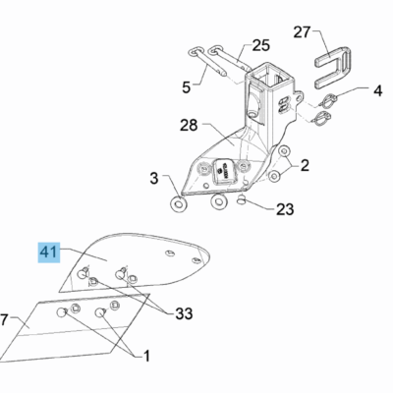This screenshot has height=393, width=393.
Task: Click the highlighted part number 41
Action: pyautogui.click(x=49, y=253)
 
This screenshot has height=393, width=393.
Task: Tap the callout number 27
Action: pyautogui.click(x=302, y=32)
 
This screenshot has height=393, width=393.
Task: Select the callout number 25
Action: pyautogui.click(x=261, y=45)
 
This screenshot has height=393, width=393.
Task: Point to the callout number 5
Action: pyautogui.click(x=186, y=87)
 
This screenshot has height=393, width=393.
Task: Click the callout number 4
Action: pyautogui.click(x=377, y=90)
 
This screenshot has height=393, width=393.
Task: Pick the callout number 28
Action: pyautogui.click(x=189, y=125)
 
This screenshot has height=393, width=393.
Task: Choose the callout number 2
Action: pyautogui.click(x=305, y=166)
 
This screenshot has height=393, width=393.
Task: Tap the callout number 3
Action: pyautogui.click(x=154, y=179)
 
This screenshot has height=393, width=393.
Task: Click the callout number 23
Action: pyautogui.click(x=285, y=209)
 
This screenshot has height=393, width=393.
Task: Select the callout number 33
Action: pyautogui.click(x=184, y=314)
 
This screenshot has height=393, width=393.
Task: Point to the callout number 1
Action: pyautogui.click(x=146, y=356)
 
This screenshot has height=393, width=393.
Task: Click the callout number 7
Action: pyautogui.click(x=4, y=320)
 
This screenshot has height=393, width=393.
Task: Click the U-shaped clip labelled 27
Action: pyautogui.click(x=332, y=68)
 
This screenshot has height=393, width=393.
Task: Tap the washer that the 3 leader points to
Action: pyautogui.click(x=178, y=204)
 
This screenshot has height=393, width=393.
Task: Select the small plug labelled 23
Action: pyautogui.click(x=242, y=198)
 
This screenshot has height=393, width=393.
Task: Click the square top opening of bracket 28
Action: pyautogui.click(x=268, y=73)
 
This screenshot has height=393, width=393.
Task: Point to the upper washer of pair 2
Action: pyautogui.click(x=284, y=151)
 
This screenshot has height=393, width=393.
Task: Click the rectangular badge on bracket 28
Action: pyautogui.click(x=223, y=170)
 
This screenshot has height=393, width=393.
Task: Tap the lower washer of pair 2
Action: pyautogui.click(x=274, y=177)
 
